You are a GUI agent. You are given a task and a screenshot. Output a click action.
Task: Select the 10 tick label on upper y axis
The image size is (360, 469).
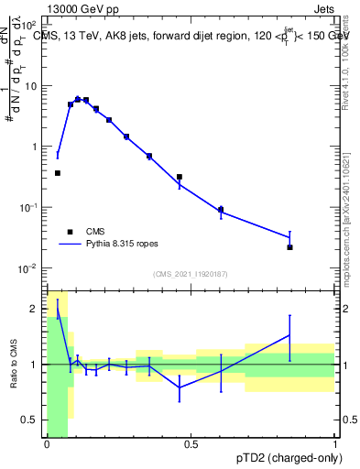point(32,86)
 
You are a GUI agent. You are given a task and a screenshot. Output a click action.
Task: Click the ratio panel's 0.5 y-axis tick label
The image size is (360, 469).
point(35,420)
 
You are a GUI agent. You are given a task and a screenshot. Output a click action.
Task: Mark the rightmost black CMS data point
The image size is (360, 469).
point(289,247)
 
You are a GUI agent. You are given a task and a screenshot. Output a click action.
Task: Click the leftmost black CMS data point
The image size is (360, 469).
point(58,173)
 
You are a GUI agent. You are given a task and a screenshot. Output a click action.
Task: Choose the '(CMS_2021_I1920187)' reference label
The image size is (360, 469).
point(190,273)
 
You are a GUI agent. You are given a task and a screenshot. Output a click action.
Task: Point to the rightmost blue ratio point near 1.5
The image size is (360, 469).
point(289,335)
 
